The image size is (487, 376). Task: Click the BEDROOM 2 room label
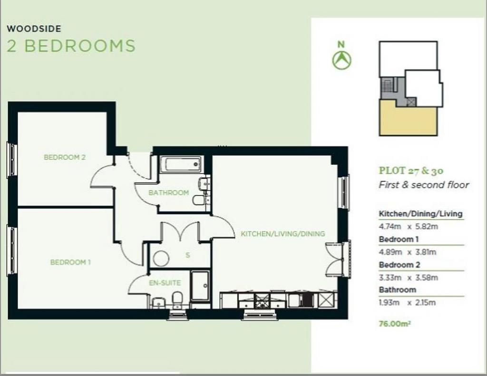pyautogui.click(x=65, y=157)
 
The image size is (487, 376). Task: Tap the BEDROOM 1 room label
pyautogui.click(x=70, y=262)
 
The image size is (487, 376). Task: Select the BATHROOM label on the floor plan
pyautogui.click(x=169, y=193)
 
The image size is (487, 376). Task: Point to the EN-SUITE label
pyautogui.click(x=165, y=283)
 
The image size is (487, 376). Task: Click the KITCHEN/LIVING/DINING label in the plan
pyautogui.click(x=283, y=234)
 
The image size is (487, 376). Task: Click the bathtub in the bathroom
pyautogui.click(x=181, y=164)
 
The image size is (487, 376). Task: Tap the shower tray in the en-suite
pyautogui.click(x=200, y=286)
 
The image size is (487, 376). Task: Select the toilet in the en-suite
pyautogui.click(x=177, y=299)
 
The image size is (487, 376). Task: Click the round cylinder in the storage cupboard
pyautogui.click(x=161, y=259)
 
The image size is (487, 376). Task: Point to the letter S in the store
pyautogui.click(x=187, y=255)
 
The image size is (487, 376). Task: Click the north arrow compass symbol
pyautogui.click(x=341, y=59)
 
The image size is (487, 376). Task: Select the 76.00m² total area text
pyautogui.click(x=395, y=324)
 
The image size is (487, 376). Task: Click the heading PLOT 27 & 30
pyautogui.click(x=411, y=171)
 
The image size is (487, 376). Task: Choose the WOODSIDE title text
pyautogui.click(x=34, y=29)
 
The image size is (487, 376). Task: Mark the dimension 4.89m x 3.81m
pyautogui.click(x=408, y=252)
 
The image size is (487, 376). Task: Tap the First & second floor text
pyautogui.click(x=424, y=185)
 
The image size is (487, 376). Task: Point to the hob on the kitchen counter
pyautogui.click(x=262, y=299)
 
